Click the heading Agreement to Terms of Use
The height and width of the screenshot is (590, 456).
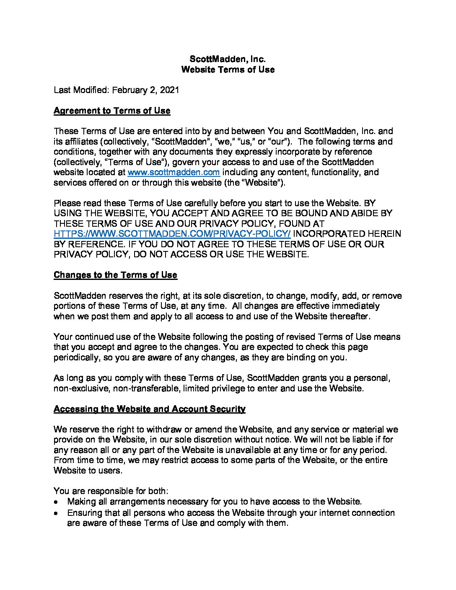point(112,111)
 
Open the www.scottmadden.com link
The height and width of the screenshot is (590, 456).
point(174,172)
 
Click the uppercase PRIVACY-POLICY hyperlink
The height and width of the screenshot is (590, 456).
point(172,234)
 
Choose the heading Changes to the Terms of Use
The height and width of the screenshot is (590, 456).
point(115,275)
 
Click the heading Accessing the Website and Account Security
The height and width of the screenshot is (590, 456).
point(150,409)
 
